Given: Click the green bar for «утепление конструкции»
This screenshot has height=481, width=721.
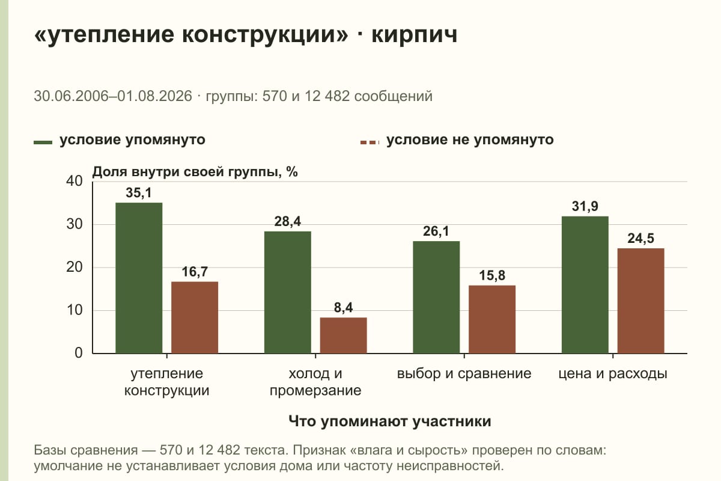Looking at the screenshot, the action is [139, 278].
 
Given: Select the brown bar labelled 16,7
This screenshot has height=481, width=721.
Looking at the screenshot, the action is [195, 317].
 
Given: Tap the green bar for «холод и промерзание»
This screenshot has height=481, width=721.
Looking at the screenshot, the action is [287, 292].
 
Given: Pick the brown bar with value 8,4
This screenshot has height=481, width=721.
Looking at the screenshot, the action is [343, 335].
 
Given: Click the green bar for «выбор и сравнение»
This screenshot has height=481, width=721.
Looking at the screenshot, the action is [436, 298].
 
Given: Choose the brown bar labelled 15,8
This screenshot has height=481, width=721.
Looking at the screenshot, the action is [492, 319].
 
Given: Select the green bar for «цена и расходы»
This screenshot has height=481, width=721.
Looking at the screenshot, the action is [585, 285].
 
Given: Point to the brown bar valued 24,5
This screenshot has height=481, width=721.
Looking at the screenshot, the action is [640, 301].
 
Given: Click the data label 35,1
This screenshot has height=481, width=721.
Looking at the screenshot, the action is [138, 193].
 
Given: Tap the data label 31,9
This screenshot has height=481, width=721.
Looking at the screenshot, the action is [585, 206].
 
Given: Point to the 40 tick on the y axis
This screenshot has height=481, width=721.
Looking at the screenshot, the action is [75, 181].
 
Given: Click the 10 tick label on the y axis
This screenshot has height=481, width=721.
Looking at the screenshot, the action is [75, 310].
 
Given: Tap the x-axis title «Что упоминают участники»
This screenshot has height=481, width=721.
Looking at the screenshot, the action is [390, 421].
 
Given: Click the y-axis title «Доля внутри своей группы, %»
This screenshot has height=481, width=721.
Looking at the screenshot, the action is [195, 172].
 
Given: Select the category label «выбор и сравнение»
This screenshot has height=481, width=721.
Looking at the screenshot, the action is [464, 374].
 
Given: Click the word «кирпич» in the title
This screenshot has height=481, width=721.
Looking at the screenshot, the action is [415, 35].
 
